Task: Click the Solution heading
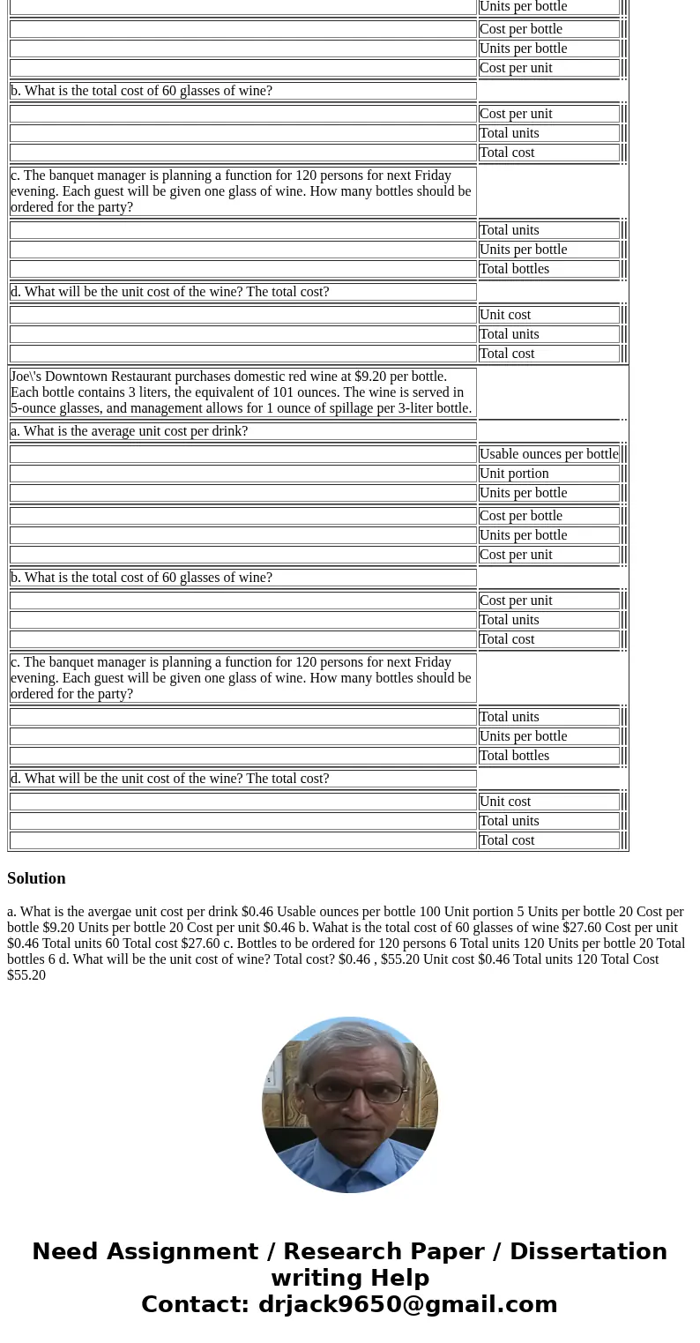pyautogui.click(x=36, y=878)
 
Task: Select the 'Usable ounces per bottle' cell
pyautogui.click(x=548, y=454)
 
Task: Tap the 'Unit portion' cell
pyautogui.click(x=514, y=474)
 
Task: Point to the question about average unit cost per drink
pyautogui.click(x=129, y=431)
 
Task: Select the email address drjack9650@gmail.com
pyautogui.click(x=407, y=1305)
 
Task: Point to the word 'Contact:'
pyautogui.click(x=195, y=1305)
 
